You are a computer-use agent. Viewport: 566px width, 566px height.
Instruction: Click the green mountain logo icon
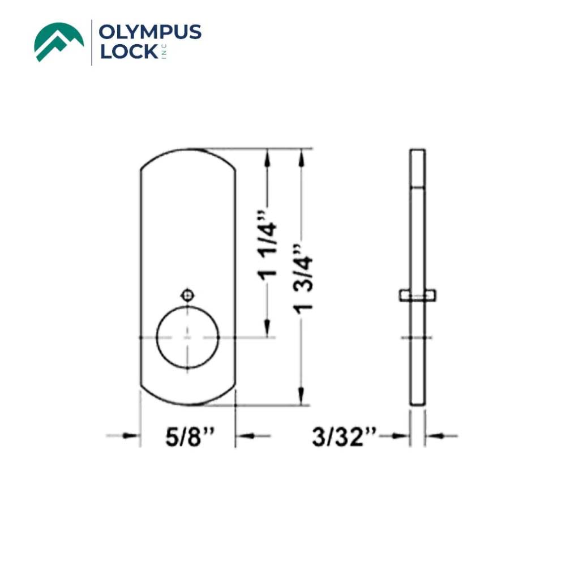pyautogui.click(x=59, y=42)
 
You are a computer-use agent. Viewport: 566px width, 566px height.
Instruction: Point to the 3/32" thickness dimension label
pyautogui.click(x=344, y=437)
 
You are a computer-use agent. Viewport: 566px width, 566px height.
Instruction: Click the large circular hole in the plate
pyautogui.click(x=187, y=338)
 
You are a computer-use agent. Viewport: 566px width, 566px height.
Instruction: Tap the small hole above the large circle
pyautogui.click(x=187, y=294)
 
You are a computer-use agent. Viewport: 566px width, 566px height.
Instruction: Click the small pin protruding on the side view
pyautogui.click(x=417, y=295)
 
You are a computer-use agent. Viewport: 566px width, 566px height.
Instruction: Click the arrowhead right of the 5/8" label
pyautogui.click(x=243, y=435)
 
